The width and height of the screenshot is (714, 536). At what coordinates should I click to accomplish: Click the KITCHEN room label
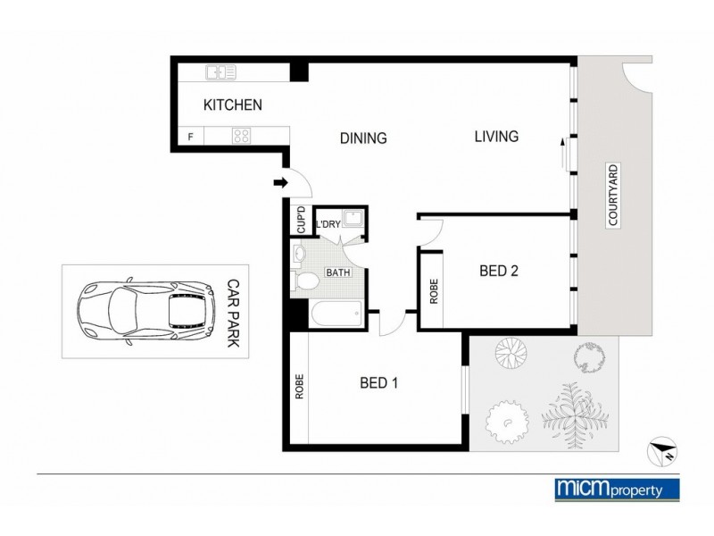(233, 105)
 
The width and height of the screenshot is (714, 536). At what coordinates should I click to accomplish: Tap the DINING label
(363, 138)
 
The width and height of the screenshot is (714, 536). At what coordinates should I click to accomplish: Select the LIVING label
(496, 137)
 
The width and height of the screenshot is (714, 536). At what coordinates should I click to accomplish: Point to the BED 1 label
(378, 383)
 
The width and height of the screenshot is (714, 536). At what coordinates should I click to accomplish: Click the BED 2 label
(499, 272)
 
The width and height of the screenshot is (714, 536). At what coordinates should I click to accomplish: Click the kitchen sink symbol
(220, 72)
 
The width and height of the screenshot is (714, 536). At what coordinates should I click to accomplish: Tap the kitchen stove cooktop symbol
(241, 137)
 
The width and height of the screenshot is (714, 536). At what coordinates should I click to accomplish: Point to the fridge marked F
(190, 138)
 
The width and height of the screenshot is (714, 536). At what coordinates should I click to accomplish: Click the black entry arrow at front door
(279, 184)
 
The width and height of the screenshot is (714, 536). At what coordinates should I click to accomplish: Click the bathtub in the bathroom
(335, 314)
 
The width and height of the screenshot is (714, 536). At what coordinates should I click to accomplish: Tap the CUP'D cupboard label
(301, 220)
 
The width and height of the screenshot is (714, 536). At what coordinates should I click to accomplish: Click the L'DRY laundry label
(328, 224)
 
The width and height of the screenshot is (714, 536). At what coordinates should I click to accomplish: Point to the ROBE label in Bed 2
(435, 291)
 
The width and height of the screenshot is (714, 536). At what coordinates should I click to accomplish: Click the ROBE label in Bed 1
(299, 386)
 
